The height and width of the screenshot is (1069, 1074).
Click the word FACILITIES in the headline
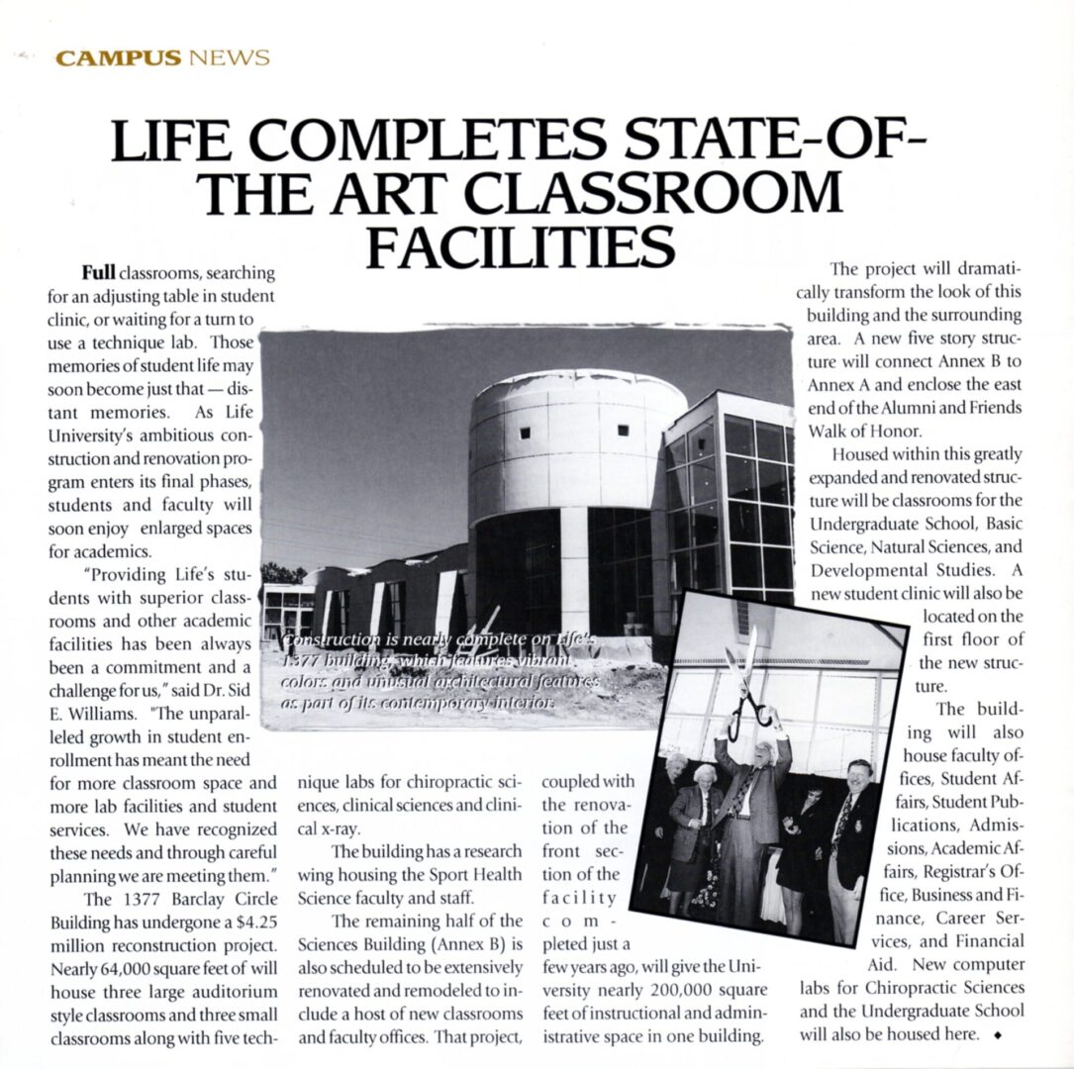click(521, 247)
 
